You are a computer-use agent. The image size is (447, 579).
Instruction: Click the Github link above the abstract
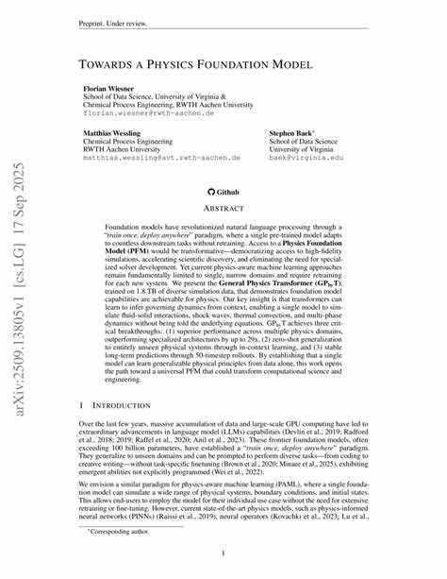pos(223,190)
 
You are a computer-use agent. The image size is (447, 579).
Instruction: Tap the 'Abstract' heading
pos(223,207)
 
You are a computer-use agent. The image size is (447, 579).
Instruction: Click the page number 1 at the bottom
pos(223,553)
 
